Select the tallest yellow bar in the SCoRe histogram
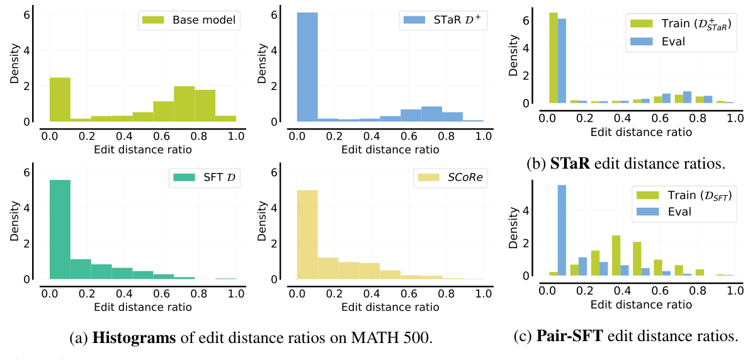pos(307,234)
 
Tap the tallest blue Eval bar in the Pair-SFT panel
pos(562,230)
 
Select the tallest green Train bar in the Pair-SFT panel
pos(616,256)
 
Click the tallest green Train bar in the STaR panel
pos(553,57)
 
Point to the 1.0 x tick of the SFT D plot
pos(236,293)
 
